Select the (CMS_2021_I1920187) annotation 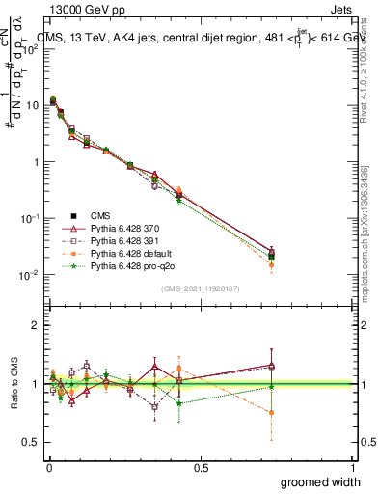click(200, 288)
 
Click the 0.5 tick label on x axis click(200, 467)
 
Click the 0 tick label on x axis click(47, 467)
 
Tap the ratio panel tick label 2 click(34, 325)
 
